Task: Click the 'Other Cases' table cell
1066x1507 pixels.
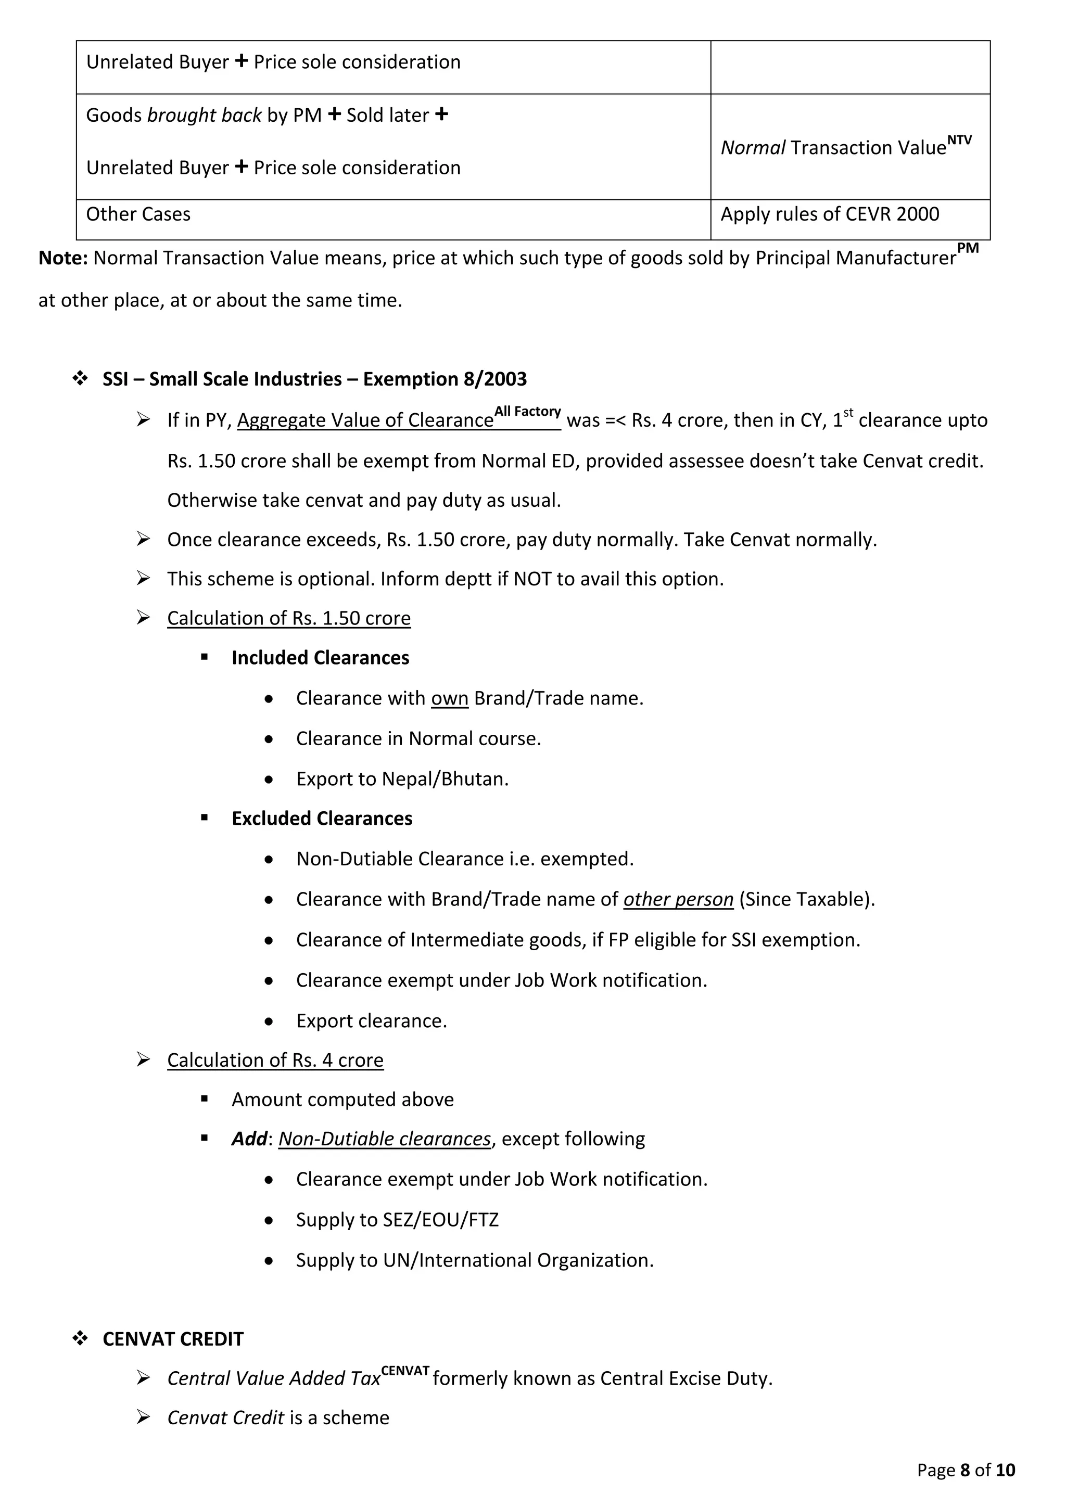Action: click(x=138, y=214)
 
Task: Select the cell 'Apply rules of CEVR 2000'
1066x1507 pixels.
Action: click(x=829, y=214)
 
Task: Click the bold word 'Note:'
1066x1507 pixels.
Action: click(x=63, y=258)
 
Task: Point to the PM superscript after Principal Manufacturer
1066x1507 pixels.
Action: click(x=968, y=248)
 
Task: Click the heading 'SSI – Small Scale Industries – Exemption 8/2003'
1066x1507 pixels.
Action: click(x=314, y=379)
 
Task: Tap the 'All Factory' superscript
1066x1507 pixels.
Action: click(x=527, y=412)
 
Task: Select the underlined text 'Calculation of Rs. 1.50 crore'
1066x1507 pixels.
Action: click(x=289, y=618)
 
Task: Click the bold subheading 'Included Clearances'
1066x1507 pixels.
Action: click(x=320, y=658)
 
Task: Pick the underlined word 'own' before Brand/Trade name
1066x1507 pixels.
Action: click(x=449, y=698)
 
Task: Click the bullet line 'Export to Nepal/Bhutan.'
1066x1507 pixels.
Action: click(x=402, y=779)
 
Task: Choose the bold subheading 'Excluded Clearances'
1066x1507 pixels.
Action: click(x=322, y=819)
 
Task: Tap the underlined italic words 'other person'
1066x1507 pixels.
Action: click(x=678, y=899)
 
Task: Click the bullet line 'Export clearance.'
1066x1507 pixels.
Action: click(x=371, y=1021)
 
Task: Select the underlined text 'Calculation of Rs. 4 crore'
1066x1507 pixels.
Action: click(x=275, y=1061)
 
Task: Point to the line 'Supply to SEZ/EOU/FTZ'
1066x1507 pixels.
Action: click(x=397, y=1220)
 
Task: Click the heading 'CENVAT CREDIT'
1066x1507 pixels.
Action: click(x=173, y=1339)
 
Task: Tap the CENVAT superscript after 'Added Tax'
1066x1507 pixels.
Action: click(x=405, y=1371)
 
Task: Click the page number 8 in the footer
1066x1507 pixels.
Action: click(x=965, y=1470)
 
